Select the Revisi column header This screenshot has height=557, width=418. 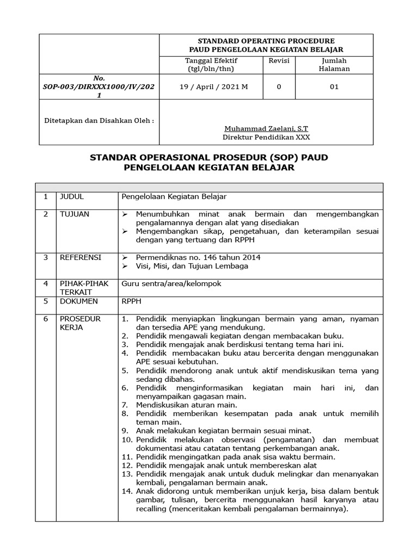tap(279, 61)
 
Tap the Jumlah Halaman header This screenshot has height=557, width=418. tap(334, 65)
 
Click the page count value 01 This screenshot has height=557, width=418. tap(334, 87)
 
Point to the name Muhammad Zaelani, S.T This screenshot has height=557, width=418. tap(266, 129)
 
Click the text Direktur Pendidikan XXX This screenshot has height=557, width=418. tap(266, 138)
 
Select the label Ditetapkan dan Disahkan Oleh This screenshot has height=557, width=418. tap(99, 120)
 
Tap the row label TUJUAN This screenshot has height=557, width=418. tap(75, 214)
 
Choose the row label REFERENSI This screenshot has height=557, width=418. tap(80, 257)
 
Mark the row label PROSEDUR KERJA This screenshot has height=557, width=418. tap(80, 323)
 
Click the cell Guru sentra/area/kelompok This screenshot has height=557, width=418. tap(171, 283)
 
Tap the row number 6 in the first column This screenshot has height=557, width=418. tap(46, 319)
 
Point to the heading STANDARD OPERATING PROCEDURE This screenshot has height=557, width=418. tap(266, 41)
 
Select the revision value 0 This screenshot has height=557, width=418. tap(279, 87)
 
